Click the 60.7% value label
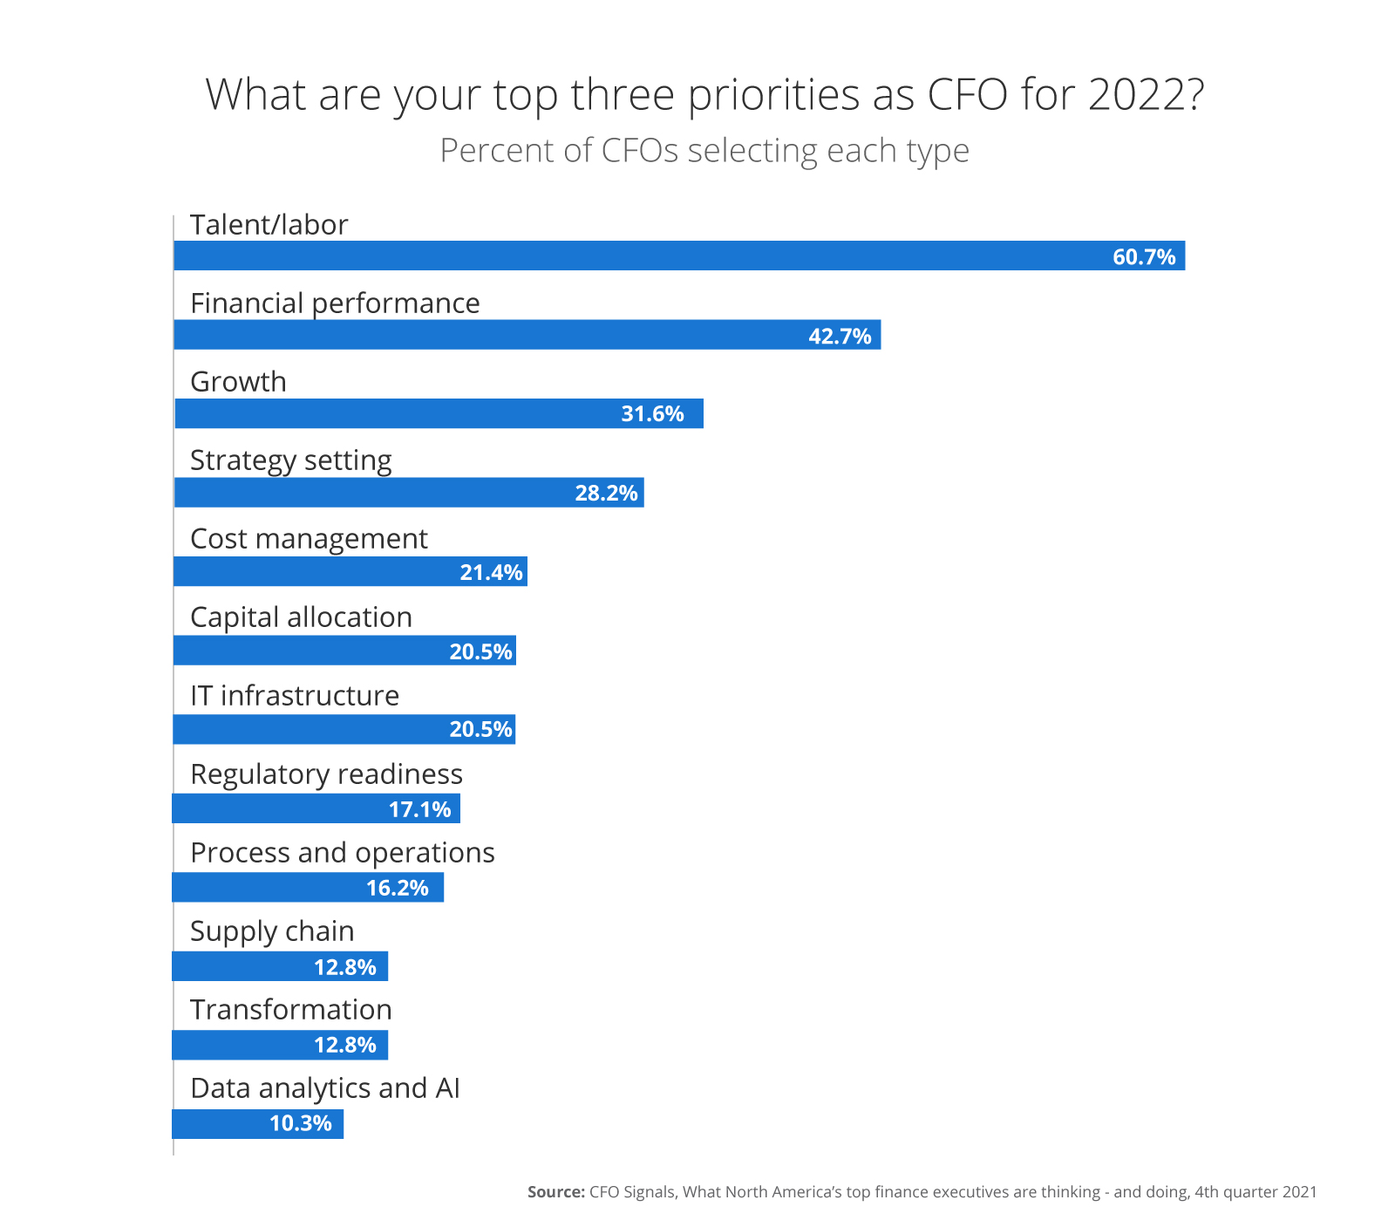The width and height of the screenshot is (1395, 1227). pos(1144,257)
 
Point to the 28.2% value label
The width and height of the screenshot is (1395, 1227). pos(606,494)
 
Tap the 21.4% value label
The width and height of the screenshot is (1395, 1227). pos(491,573)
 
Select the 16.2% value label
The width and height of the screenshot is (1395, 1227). pos(397,889)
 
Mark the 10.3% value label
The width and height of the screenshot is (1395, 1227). pos(301,1124)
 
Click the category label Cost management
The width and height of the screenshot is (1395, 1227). pos(309,539)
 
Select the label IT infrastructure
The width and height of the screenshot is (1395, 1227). pos(295,696)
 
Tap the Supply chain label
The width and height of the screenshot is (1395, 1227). pos(272,931)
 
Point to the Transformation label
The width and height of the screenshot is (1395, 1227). pos(291,1010)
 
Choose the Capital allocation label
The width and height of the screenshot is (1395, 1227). pos(301,617)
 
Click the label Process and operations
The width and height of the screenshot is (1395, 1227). pos(343,853)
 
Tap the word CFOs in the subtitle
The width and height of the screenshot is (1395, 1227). pos(640,151)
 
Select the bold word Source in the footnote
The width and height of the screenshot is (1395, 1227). pos(555,1192)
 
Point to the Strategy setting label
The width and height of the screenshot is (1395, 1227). pos(291,460)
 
